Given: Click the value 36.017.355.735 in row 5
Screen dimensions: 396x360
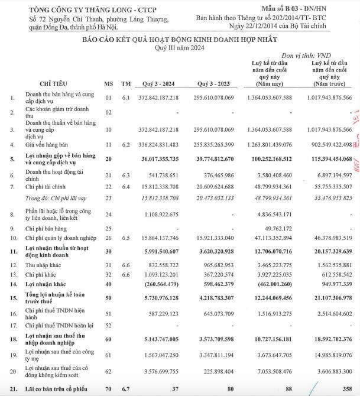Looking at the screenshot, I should [x=158, y=158].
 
